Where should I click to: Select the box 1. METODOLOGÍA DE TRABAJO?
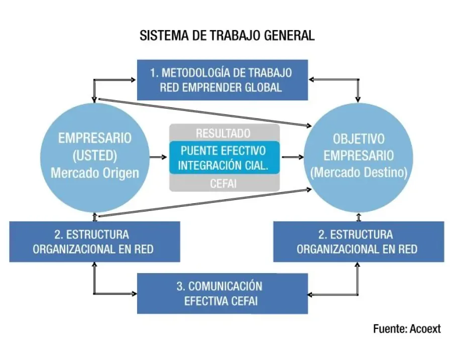point(222,80)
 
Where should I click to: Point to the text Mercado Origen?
point(95,172)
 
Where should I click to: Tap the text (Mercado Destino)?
point(359,172)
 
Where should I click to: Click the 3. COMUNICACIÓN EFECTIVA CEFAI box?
point(222,293)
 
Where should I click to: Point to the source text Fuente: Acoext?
point(407,329)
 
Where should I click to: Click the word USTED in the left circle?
point(95,155)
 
